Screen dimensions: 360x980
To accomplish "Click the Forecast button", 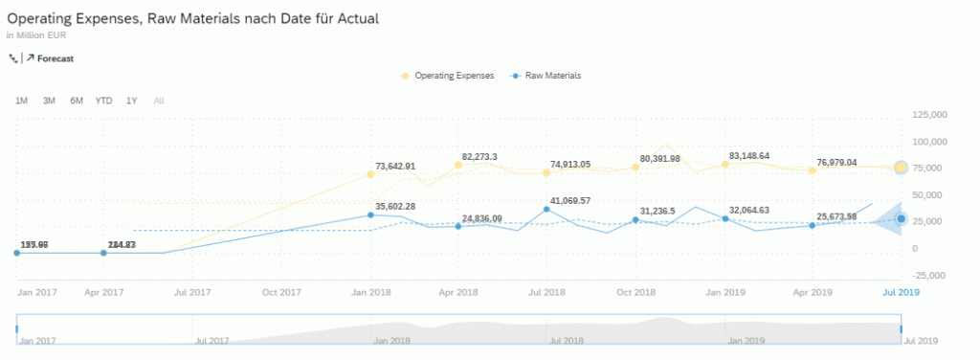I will [55, 58].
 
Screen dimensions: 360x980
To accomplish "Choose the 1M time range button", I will [21, 101].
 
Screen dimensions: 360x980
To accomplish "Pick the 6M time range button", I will [76, 101].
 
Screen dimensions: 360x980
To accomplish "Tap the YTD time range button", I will [103, 101].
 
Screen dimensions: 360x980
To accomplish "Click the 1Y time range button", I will [132, 101].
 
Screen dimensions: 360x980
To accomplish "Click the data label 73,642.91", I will [395, 166].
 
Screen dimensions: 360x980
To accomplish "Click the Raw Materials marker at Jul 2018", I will [546, 209].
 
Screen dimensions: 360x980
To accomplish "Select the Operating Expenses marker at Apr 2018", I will [458, 166].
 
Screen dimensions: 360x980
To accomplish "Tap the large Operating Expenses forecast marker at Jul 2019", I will [901, 169].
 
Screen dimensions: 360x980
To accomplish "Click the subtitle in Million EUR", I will [35, 35].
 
